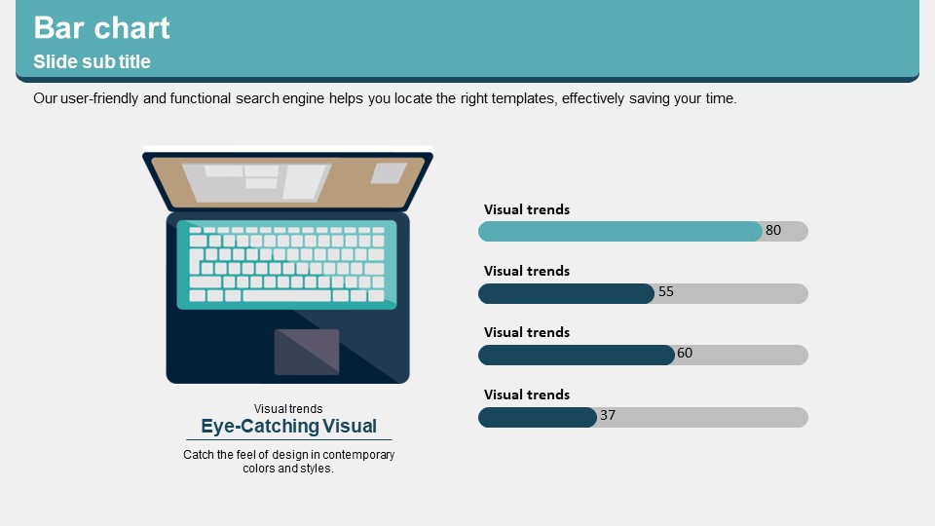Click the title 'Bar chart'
point(101,27)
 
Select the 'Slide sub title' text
point(92,61)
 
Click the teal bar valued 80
point(620,232)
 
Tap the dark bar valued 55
point(567,293)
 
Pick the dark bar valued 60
point(577,355)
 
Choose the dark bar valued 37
point(538,417)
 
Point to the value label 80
point(773,230)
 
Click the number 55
point(666,291)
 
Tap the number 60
point(685,353)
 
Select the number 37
point(608,415)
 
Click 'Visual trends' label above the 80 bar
point(527,209)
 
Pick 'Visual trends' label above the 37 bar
point(527,394)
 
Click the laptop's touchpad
point(307,352)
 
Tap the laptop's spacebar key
point(286,296)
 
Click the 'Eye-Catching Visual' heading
point(288,426)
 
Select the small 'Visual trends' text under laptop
point(288,408)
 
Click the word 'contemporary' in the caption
point(358,455)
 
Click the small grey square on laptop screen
point(389,173)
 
